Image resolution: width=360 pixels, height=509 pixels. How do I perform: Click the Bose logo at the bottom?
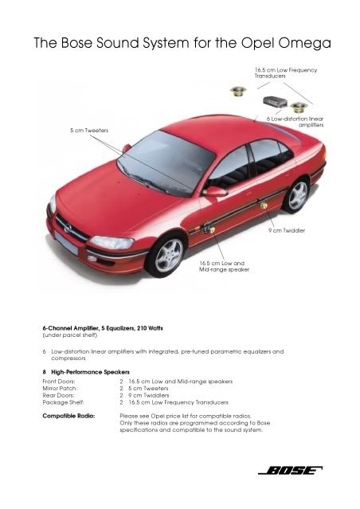click(x=290, y=471)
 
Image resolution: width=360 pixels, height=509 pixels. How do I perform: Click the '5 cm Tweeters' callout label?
click(x=89, y=131)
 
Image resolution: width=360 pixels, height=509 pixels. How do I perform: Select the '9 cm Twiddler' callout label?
click(x=287, y=231)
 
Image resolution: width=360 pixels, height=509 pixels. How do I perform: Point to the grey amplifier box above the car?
click(x=276, y=101)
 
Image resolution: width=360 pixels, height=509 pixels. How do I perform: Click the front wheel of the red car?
click(x=168, y=255)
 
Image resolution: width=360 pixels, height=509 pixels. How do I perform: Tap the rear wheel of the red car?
click(x=297, y=195)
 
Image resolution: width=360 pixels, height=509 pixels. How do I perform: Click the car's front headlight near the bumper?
click(x=112, y=242)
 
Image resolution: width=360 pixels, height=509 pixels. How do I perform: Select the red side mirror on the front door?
click(x=215, y=191)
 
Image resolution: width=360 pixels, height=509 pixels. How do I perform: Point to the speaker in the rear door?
click(x=264, y=206)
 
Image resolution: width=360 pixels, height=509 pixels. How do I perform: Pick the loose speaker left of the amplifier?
click(x=238, y=91)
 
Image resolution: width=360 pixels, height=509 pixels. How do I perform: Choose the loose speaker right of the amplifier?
click(x=299, y=107)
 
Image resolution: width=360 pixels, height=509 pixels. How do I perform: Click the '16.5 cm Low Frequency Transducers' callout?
click(x=286, y=73)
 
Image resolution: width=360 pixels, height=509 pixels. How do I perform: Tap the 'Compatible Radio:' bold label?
click(x=68, y=416)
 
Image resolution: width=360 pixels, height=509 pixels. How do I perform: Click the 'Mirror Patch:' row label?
click(x=60, y=388)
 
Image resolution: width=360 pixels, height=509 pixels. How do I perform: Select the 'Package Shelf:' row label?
click(x=63, y=402)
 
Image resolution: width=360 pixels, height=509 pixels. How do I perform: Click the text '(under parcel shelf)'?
click(x=70, y=335)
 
